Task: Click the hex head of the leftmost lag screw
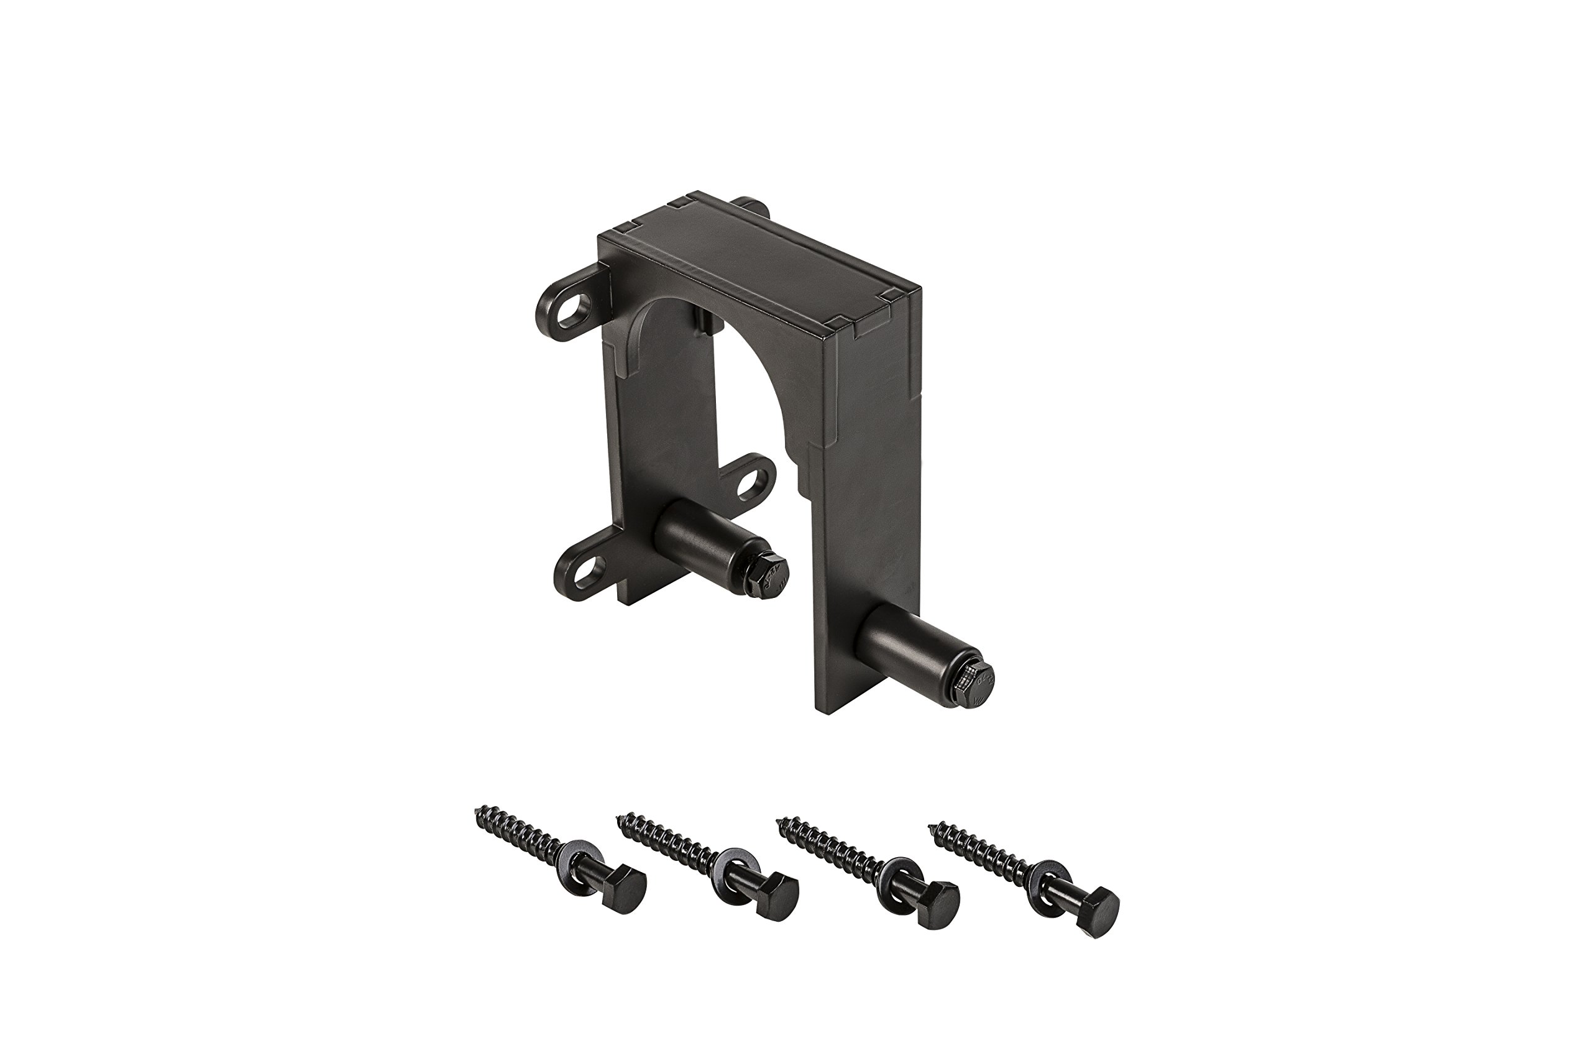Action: pos(624,888)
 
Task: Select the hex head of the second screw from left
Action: pos(777,896)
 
